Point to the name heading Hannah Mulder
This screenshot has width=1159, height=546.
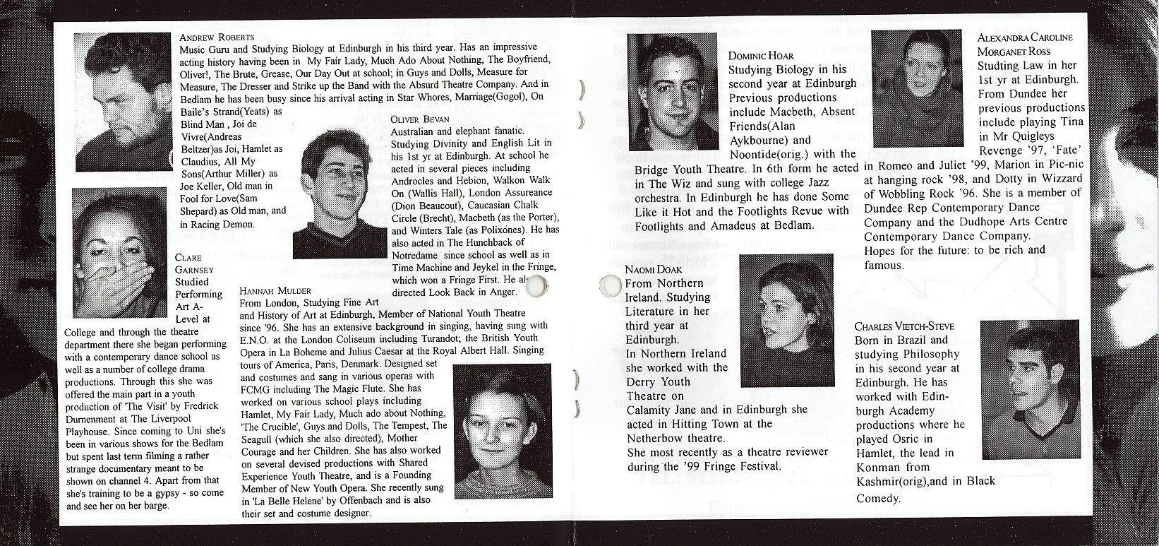(x=275, y=290)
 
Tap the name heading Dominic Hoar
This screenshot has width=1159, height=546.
(x=761, y=55)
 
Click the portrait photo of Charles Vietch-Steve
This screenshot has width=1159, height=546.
(x=1031, y=389)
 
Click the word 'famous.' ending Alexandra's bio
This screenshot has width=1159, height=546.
(x=884, y=266)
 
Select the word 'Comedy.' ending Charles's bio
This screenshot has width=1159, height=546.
(x=879, y=499)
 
